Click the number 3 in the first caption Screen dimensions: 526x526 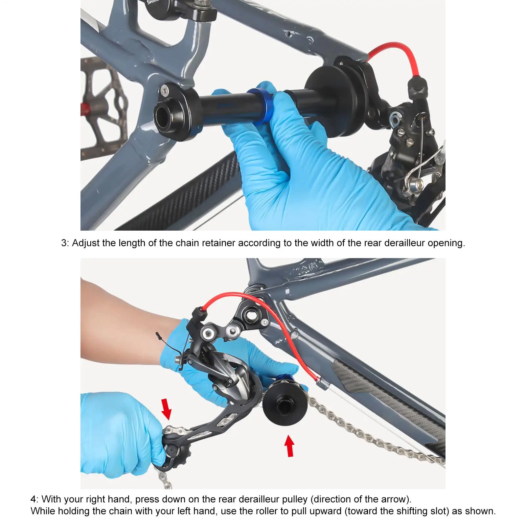point(64,243)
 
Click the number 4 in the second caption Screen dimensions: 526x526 point(34,499)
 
